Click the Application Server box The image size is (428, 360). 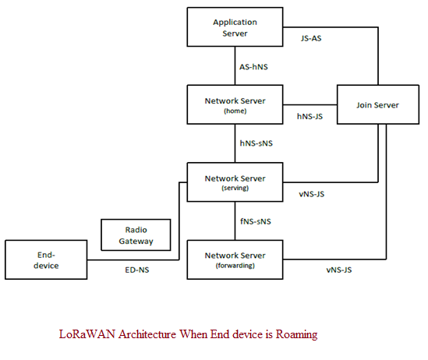tap(235, 27)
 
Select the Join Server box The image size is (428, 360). tap(378, 104)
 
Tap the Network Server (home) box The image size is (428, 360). tap(235, 105)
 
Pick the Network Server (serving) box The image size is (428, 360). tap(235, 182)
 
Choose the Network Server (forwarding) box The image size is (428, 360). tap(235, 259)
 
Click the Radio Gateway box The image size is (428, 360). tap(136, 235)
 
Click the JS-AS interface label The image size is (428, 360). tap(311, 37)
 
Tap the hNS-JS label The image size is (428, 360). tap(311, 116)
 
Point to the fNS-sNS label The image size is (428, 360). tap(256, 221)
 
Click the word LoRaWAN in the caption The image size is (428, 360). tap(84, 334)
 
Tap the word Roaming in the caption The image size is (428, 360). tap(295, 334)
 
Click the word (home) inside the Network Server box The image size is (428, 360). tap(235, 111)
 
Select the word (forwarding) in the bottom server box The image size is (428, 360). tap(235, 265)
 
